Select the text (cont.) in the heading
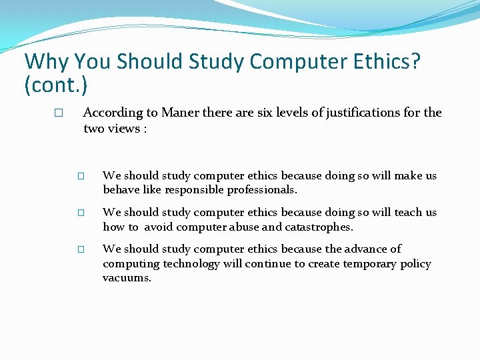click(56, 85)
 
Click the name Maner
click(179, 113)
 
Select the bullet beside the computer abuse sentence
click(81, 213)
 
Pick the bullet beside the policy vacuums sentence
click(81, 250)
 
